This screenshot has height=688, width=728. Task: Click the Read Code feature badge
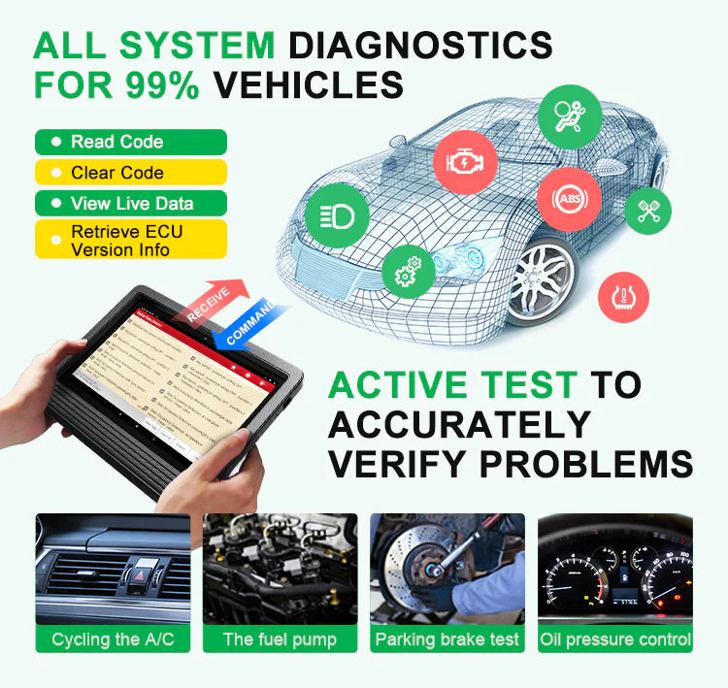click(x=130, y=142)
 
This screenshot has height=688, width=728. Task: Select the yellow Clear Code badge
click(x=130, y=173)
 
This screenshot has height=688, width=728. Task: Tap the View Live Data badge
click(x=130, y=204)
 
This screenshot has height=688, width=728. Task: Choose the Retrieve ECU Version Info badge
click(x=130, y=240)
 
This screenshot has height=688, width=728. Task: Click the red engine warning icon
click(x=465, y=162)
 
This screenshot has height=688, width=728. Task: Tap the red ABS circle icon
click(x=570, y=199)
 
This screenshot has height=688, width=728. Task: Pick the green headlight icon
click(x=337, y=215)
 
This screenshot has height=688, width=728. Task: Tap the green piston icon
click(x=647, y=210)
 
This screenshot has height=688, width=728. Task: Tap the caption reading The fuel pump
click(x=280, y=639)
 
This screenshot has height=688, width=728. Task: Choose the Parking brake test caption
click(x=447, y=639)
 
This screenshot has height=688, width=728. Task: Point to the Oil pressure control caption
click(x=615, y=639)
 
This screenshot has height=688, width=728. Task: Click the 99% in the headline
click(x=161, y=84)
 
